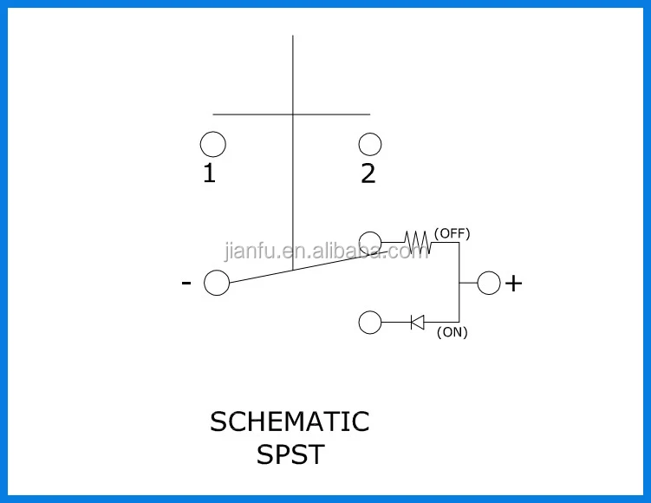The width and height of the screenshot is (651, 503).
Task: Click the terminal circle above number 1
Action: tap(212, 144)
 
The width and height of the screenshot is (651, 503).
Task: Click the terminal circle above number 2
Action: tap(370, 144)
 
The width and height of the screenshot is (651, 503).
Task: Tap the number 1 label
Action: tap(209, 174)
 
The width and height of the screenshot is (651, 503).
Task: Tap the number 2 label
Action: tap(368, 174)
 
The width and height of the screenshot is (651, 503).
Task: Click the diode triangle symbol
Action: tap(417, 323)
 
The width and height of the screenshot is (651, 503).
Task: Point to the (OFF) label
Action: tap(452, 232)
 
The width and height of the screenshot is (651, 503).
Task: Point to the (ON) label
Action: tap(452, 332)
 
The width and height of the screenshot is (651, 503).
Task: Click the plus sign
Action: tap(514, 284)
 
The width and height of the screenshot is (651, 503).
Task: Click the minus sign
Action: tap(186, 283)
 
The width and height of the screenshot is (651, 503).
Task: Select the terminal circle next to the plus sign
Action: tap(489, 283)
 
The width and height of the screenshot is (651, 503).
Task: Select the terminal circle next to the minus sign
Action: tap(216, 283)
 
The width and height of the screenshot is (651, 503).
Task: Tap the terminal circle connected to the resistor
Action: tap(370, 241)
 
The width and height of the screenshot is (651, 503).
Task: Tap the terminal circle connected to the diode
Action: tap(370, 323)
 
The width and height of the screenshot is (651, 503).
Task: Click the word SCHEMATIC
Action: tap(290, 422)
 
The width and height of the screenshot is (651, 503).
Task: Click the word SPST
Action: tap(290, 454)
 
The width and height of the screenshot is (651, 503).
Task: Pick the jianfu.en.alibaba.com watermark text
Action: tap(326, 252)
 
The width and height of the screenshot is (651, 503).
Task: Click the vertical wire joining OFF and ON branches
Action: tap(459, 283)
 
